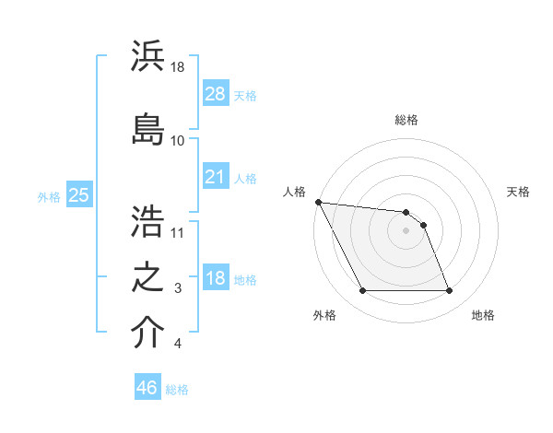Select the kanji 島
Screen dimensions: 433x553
pyautogui.click(x=147, y=127)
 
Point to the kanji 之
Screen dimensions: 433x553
pyautogui.click(x=147, y=275)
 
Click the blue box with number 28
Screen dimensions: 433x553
pyautogui.click(x=215, y=93)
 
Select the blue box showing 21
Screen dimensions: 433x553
pyautogui.click(x=215, y=176)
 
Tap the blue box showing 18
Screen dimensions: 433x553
pyautogui.click(x=215, y=278)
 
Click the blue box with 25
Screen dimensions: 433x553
pyautogui.click(x=78, y=194)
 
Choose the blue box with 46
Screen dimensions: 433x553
pyautogui.click(x=147, y=387)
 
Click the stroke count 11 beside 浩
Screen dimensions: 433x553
pyautogui.click(x=179, y=232)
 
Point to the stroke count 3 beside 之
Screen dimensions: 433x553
pyautogui.click(x=178, y=289)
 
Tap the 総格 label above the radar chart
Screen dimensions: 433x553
pyautogui.click(x=406, y=120)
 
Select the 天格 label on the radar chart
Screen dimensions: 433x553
pyautogui.click(x=518, y=192)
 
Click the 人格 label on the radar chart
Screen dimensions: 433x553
pyautogui.click(x=295, y=192)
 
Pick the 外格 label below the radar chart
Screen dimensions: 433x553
pyautogui.click(x=324, y=316)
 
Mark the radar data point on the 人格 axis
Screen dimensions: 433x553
pyautogui.click(x=318, y=202)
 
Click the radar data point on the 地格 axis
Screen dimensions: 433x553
pyautogui.click(x=449, y=291)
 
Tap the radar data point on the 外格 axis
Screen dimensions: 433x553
pyautogui.click(x=362, y=291)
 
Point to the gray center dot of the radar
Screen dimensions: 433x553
pyautogui.click(x=406, y=230)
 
